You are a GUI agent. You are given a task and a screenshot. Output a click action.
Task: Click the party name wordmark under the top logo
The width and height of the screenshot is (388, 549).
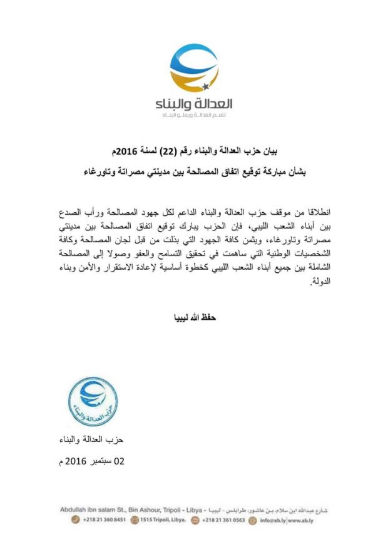[193, 104]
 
